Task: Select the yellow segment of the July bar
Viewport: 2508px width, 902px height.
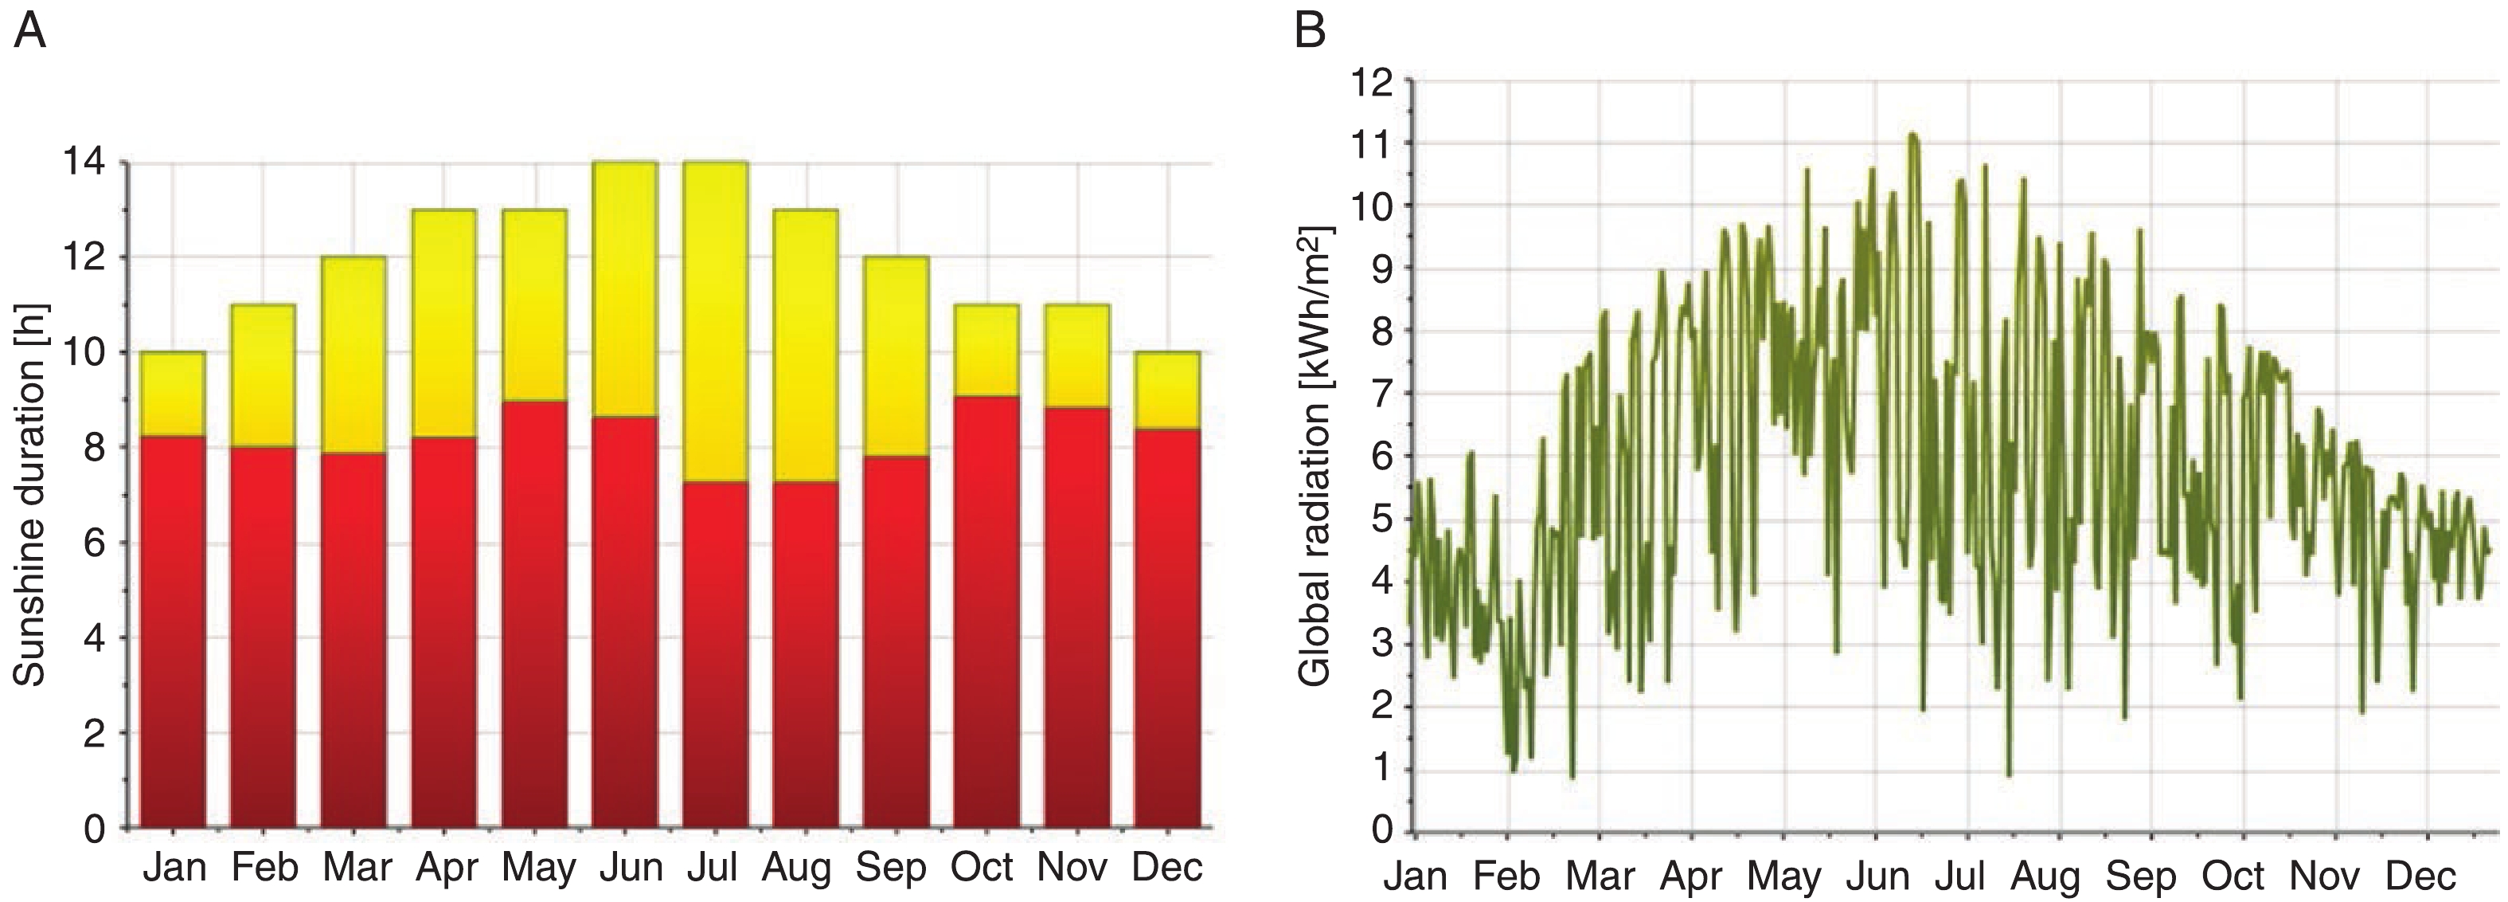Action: pos(716,321)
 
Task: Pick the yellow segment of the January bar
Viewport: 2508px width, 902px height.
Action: pos(172,394)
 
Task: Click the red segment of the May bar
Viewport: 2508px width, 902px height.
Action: pos(534,614)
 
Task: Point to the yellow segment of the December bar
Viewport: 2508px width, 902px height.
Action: pos(1166,390)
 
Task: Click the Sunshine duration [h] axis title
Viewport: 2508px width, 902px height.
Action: pos(31,495)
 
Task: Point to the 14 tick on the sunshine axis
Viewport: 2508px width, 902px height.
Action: pos(86,163)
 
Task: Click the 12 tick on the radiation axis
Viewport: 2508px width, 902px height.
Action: pos(1373,80)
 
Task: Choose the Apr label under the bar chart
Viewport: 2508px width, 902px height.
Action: pos(446,866)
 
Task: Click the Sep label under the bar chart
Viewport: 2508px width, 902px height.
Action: pos(891,866)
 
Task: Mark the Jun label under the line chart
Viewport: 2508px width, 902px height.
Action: pos(1878,876)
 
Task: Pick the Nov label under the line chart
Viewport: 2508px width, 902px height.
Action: pos(2324,876)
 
